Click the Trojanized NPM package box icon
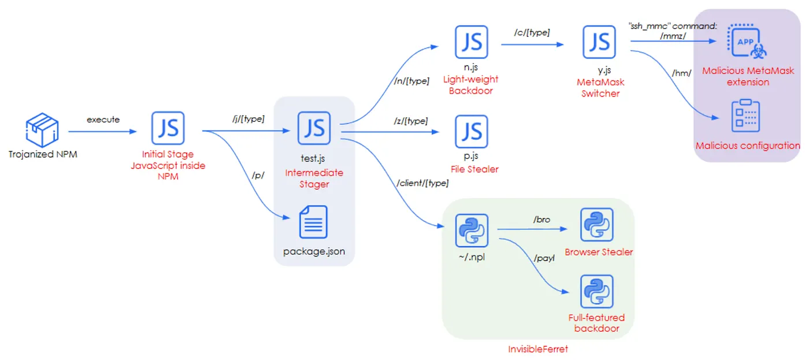pyautogui.click(x=42, y=130)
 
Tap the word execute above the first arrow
pyautogui.click(x=103, y=120)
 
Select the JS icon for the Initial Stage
pyautogui.click(x=168, y=128)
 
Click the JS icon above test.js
pyautogui.click(x=314, y=128)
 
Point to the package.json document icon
pyautogui.click(x=313, y=222)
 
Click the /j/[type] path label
pyautogui.click(x=248, y=119)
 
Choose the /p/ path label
pyautogui.click(x=258, y=176)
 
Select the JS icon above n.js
pyautogui.click(x=472, y=42)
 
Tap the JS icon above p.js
pyautogui.click(x=472, y=131)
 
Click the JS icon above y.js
pyautogui.click(x=599, y=42)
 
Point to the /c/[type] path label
pyautogui.click(x=532, y=32)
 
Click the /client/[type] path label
pyautogui.click(x=422, y=183)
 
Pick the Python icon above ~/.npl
pyautogui.click(x=472, y=231)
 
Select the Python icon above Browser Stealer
pyautogui.click(x=597, y=225)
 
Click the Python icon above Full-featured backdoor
pyautogui.click(x=597, y=291)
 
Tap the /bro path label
pyautogui.click(x=542, y=220)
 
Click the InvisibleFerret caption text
pyautogui.click(x=538, y=349)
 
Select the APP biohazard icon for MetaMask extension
pyautogui.click(x=747, y=41)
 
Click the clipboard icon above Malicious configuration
pyautogui.click(x=745, y=116)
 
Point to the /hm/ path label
pyautogui.click(x=681, y=73)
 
